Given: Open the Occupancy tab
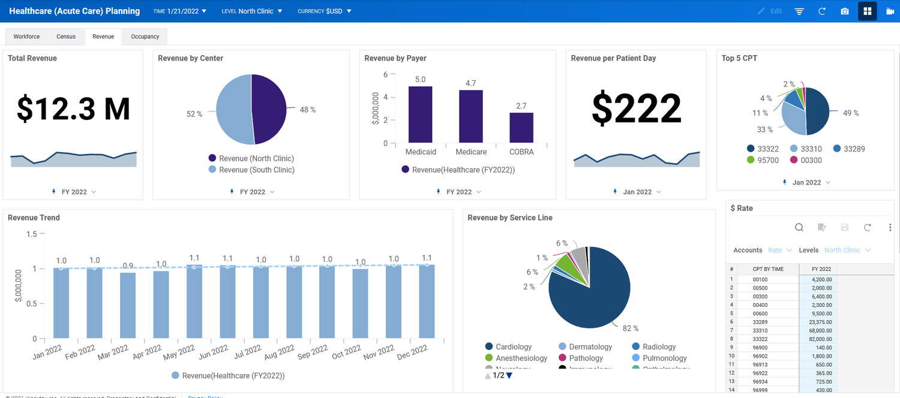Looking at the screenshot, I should [x=145, y=37].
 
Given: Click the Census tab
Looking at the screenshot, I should [x=66, y=37].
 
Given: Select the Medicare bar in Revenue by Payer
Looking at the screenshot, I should [x=471, y=116].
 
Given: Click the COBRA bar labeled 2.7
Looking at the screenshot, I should [x=521, y=127].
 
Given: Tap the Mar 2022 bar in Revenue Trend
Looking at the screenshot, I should [x=128, y=305].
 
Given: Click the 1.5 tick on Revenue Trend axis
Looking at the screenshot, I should [x=31, y=234].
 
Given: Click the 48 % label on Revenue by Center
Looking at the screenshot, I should [x=308, y=110].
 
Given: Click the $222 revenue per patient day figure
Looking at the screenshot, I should [x=636, y=109].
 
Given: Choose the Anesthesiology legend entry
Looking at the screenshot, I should [x=521, y=358].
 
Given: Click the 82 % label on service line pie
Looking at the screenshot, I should [x=631, y=328].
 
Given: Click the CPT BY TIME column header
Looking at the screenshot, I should [x=768, y=269].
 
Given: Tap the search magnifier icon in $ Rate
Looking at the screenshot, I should [x=799, y=227].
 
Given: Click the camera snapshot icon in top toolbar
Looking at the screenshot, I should [x=845, y=11].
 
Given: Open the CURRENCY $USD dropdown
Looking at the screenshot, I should [x=325, y=11].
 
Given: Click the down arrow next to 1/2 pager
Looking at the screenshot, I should [x=509, y=376].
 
